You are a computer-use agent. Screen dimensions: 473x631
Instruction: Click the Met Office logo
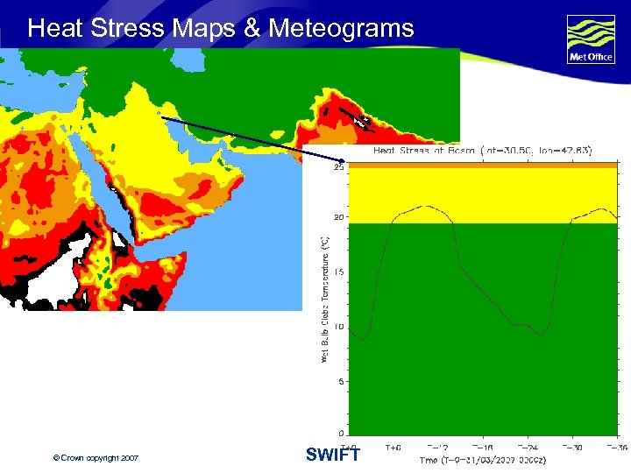[x=591, y=39]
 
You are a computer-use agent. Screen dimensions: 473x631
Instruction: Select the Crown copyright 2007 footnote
[x=96, y=458]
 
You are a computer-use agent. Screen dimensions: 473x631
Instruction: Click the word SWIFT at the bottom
[x=333, y=455]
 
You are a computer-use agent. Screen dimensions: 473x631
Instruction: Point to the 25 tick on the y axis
[x=339, y=169]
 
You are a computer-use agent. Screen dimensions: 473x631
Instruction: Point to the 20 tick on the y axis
[x=339, y=217]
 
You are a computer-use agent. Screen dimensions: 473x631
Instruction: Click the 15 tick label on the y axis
[x=339, y=272]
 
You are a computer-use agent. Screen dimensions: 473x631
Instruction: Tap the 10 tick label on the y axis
[x=339, y=326]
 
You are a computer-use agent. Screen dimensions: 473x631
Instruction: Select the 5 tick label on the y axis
[x=341, y=380]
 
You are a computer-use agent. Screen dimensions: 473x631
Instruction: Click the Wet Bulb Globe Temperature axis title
[x=324, y=299]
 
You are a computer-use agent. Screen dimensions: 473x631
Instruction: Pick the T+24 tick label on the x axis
[x=528, y=447]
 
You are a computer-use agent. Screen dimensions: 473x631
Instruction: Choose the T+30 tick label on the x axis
[x=573, y=447]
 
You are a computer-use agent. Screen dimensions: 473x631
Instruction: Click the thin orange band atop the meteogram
[x=482, y=165]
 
